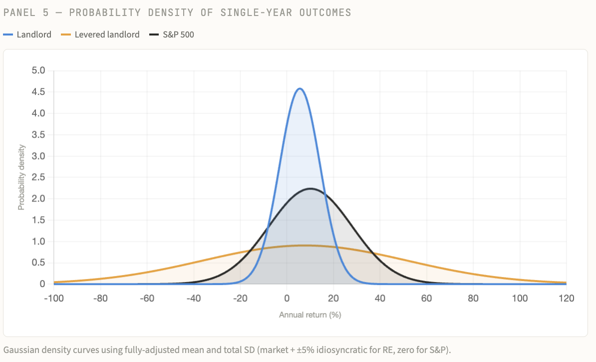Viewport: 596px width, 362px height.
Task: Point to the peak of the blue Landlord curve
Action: click(299, 89)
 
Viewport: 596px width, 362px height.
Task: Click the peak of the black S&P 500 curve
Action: click(310, 188)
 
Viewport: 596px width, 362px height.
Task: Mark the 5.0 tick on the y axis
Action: click(38, 70)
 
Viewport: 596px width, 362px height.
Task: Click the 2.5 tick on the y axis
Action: click(38, 177)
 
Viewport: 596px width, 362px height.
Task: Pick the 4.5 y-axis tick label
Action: click(38, 92)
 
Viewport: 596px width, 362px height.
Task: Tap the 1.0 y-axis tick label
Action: click(38, 241)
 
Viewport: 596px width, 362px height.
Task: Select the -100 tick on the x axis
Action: click(54, 298)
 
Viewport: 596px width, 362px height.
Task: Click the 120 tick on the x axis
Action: click(566, 298)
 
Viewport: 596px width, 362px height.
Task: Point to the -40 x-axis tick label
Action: click(193, 298)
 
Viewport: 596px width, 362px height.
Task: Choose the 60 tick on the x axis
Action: click(426, 298)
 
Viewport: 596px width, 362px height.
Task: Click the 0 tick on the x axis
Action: click(287, 298)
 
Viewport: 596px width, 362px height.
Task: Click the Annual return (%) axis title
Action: click(309, 315)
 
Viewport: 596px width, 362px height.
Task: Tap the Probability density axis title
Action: click(21, 177)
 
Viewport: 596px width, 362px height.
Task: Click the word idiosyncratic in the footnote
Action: click(312, 349)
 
